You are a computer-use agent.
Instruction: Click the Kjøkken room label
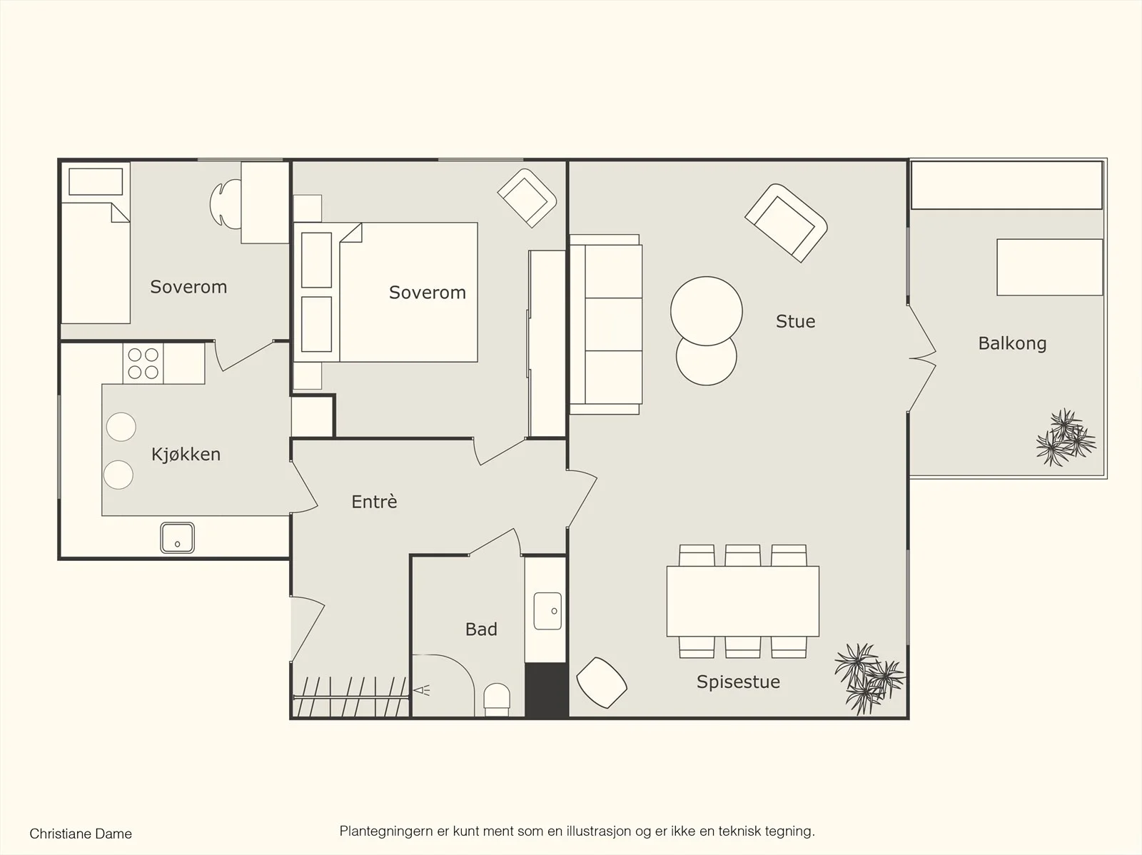coord(186,455)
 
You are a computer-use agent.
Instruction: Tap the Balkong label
coord(1012,344)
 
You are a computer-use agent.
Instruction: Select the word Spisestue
coord(738,682)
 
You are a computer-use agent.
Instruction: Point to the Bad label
coord(481,629)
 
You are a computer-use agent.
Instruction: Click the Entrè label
coord(374,501)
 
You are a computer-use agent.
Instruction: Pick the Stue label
coord(796,321)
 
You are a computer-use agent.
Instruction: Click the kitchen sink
coord(178,537)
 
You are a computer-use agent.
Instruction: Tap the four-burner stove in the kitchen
coord(143,363)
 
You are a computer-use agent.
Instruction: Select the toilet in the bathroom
coord(497,699)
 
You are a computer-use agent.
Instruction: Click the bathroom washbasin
coord(547,611)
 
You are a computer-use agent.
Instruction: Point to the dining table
coord(743,601)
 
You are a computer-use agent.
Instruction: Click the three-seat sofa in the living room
coord(605,324)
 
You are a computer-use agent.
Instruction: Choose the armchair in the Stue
coord(786,223)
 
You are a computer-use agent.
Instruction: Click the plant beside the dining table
coord(869,678)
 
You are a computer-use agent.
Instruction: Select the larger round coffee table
coord(706,311)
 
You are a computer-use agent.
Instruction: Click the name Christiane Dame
coord(81,834)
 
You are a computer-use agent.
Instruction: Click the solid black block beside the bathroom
coord(546,690)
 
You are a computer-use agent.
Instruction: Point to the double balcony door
coord(922,358)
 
